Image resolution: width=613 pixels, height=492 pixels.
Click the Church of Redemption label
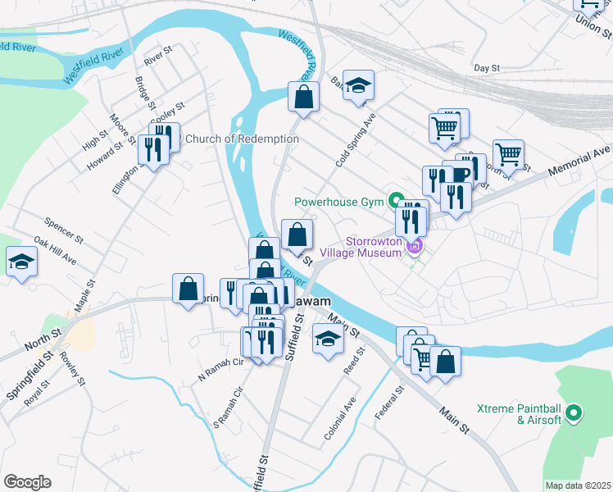point(242,139)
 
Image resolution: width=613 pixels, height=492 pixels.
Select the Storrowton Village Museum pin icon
point(415,245)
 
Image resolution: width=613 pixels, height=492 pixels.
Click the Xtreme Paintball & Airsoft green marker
point(573,414)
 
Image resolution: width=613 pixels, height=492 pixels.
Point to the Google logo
point(27,482)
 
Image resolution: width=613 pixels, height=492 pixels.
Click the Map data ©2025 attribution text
point(577,485)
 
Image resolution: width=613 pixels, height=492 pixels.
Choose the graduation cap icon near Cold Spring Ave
point(358,84)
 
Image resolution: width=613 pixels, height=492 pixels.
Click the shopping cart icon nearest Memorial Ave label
point(508,153)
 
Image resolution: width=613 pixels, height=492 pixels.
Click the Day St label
point(487,68)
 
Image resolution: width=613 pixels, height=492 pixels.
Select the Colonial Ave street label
point(340,419)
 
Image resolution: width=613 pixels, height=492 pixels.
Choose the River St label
point(157,56)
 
